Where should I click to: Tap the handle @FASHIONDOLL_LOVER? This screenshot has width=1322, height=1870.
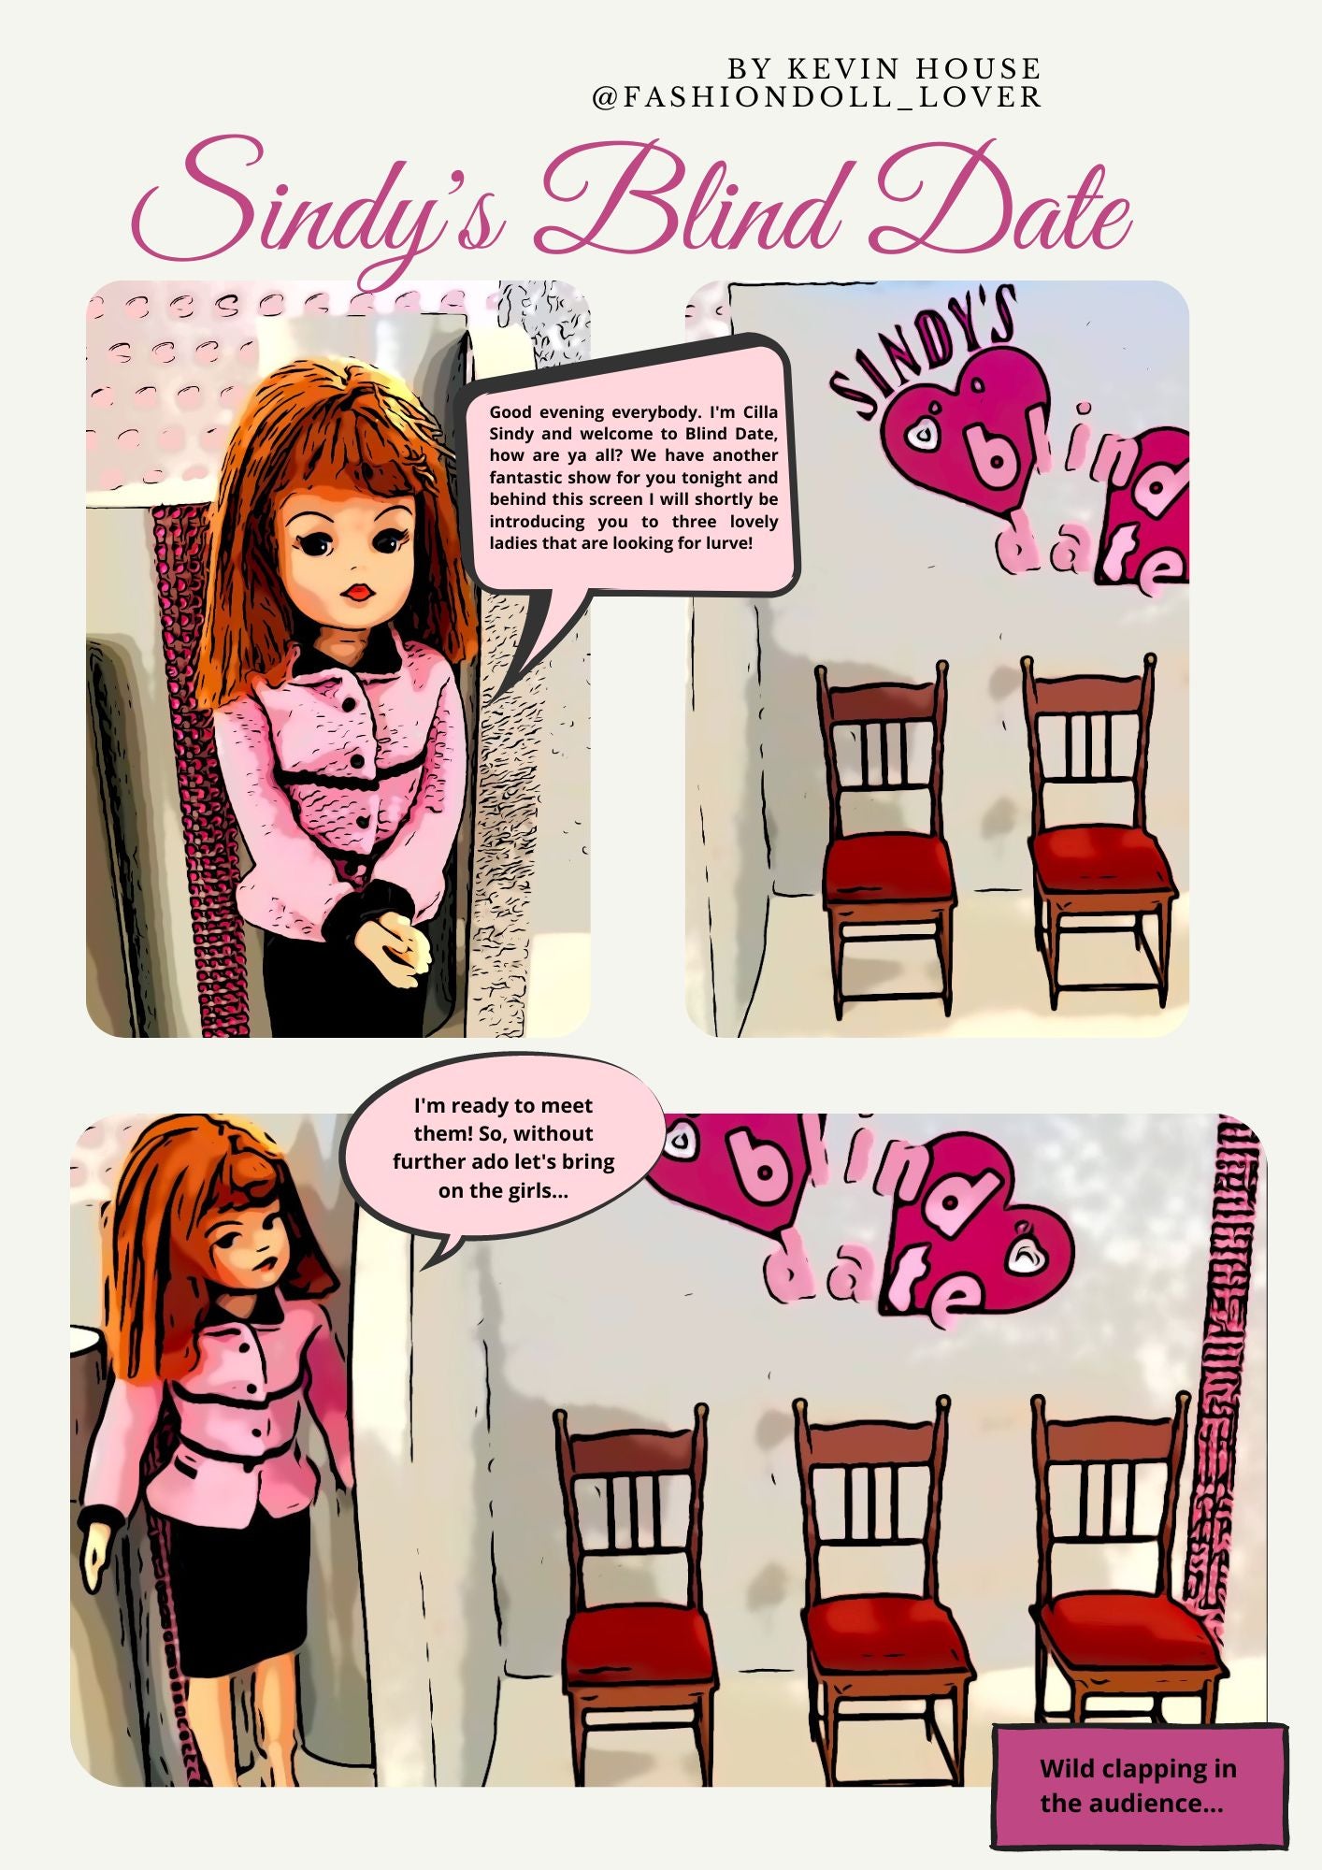pos(817,96)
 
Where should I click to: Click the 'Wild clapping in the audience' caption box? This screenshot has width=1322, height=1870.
pos(1140,1786)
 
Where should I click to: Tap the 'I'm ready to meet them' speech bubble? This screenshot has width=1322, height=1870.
pos(503,1147)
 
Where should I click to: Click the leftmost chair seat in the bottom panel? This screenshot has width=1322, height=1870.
pos(636,1627)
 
